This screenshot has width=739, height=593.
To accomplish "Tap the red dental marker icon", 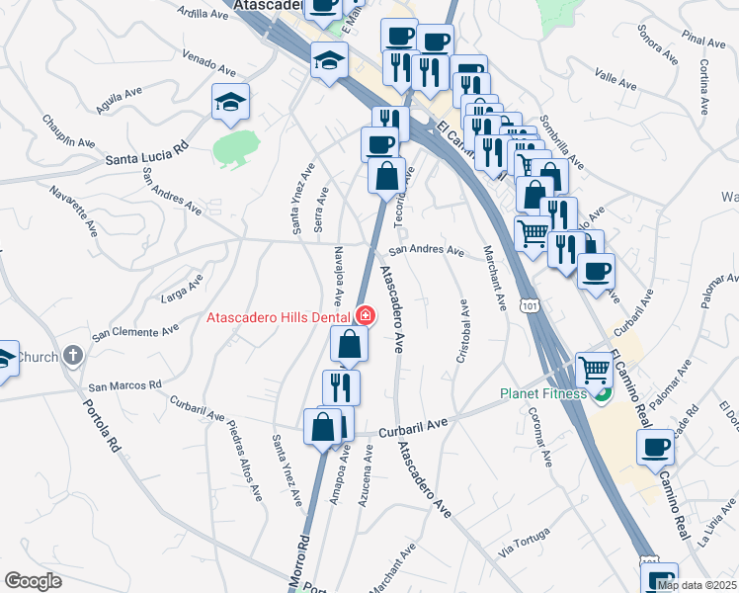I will point(366,316).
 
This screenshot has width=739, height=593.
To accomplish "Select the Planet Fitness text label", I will point(540,393).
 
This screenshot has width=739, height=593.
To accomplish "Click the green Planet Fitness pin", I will point(601,393).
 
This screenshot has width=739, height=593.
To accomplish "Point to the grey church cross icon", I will point(72,356).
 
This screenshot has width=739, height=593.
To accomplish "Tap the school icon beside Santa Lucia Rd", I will point(230,103).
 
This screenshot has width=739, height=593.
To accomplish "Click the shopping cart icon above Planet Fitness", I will point(594,371).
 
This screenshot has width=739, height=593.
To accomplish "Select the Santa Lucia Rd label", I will point(147,155).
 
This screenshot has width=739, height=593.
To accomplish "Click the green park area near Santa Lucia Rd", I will point(235,147).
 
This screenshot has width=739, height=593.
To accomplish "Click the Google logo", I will point(33,581).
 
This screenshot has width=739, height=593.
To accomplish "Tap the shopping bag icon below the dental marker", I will point(350,344).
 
